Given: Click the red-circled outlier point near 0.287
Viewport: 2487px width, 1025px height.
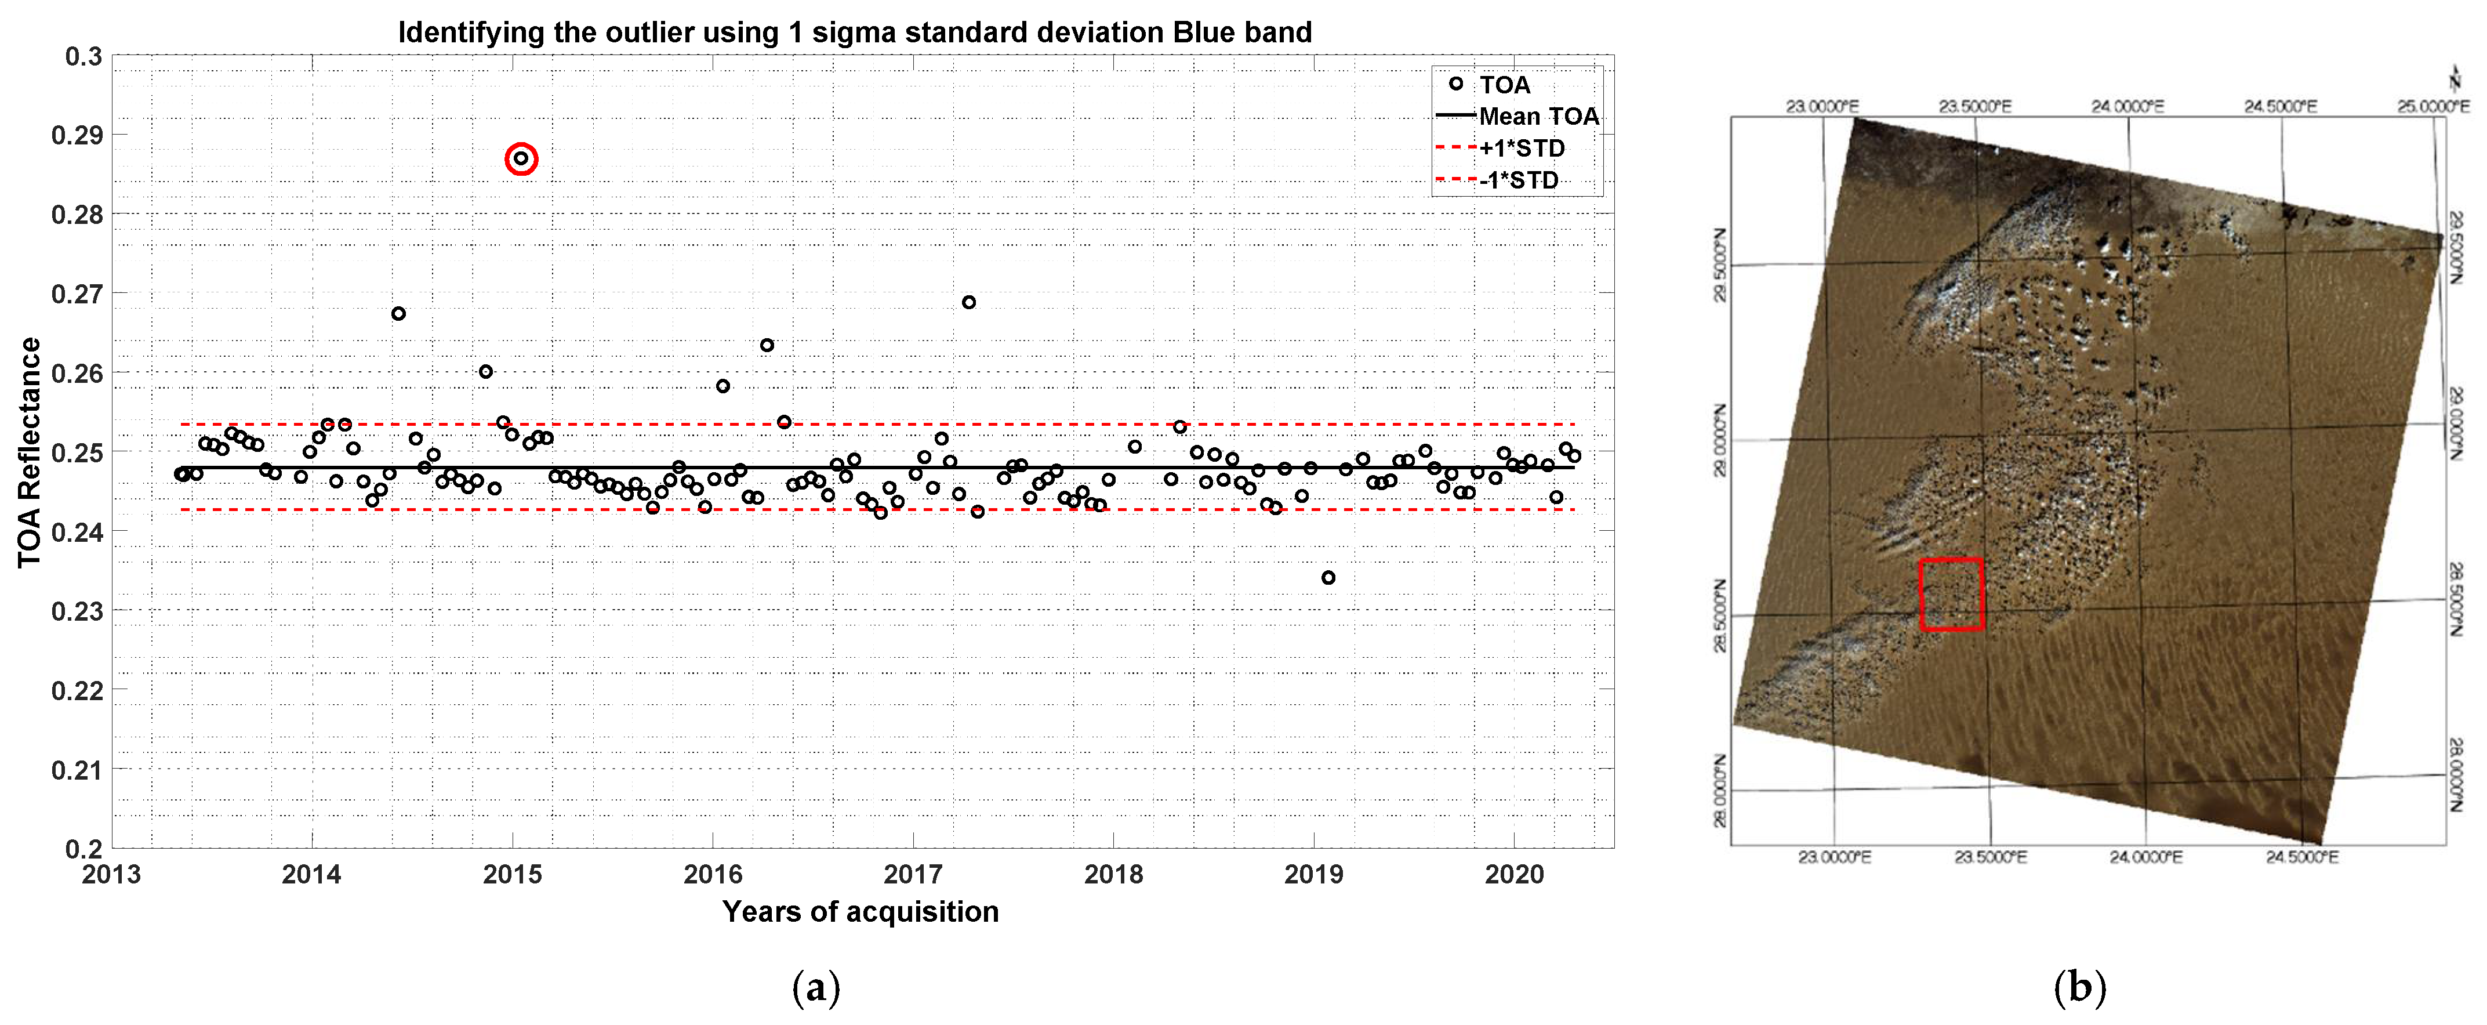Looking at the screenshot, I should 521,158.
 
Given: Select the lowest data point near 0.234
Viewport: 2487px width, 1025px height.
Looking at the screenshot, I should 1328,578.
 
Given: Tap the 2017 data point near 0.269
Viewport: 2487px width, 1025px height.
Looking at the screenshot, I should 968,302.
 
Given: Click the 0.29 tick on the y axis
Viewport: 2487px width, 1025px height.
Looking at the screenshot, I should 77,135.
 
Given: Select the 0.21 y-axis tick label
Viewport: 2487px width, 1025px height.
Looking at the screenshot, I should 77,770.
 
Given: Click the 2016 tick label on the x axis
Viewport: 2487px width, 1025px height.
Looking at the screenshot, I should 713,874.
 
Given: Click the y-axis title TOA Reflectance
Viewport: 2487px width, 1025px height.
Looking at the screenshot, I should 29,452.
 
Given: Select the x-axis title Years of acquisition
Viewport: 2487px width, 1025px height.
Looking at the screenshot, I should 861,911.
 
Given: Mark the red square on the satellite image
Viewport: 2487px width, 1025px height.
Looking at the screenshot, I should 1951,594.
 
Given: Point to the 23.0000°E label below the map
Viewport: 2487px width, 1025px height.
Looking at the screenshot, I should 1834,857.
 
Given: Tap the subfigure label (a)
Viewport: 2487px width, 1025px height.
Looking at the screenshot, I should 816,987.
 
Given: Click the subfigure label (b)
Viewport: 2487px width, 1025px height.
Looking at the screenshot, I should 2079,987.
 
